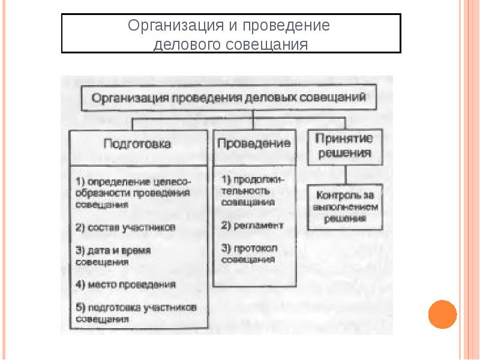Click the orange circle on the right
pos(443,313)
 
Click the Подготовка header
pos(137,145)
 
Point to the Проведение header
pos(254,145)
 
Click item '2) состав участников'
pos(125,227)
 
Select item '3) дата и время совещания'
pos(113,255)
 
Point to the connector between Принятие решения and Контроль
pos(343,176)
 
